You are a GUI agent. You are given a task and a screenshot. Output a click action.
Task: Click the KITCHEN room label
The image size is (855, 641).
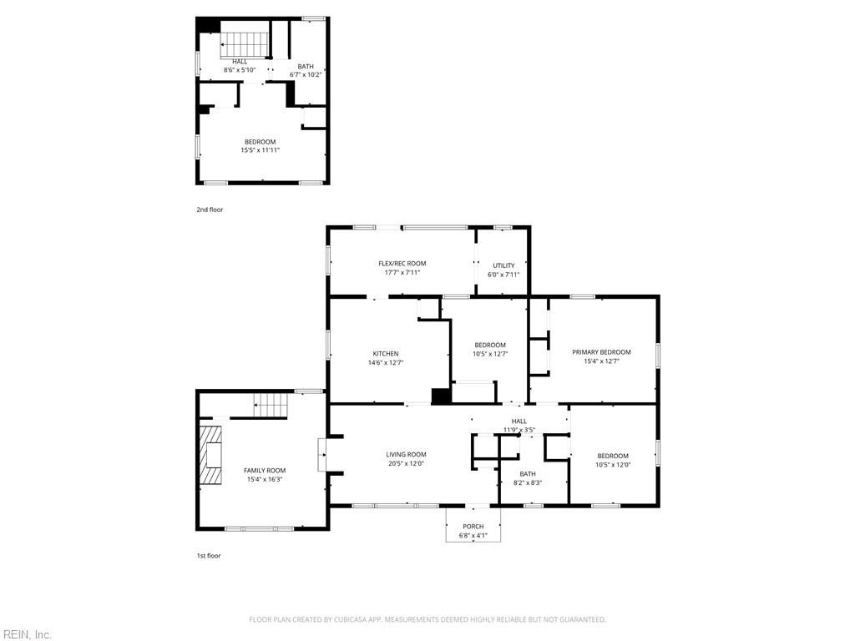385,353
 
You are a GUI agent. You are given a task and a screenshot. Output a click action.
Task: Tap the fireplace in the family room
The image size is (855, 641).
210,455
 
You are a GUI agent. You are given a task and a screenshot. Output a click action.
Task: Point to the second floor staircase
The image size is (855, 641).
245,43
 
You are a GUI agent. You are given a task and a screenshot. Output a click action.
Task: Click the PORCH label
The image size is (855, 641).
473,527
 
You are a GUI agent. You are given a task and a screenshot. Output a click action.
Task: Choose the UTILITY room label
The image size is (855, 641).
503,265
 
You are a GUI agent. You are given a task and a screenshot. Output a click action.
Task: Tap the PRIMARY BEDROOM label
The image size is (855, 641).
601,352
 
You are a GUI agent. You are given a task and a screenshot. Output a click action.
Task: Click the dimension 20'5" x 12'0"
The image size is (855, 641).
406,463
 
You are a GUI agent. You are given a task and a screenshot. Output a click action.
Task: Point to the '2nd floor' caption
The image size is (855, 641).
210,209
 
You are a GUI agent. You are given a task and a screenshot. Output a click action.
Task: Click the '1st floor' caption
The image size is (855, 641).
210,555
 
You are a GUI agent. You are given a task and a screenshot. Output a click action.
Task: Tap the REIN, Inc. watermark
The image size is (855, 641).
27,634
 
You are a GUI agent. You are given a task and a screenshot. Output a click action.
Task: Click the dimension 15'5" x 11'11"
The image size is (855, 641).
260,150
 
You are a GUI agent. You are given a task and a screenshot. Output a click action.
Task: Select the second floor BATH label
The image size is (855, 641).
306,66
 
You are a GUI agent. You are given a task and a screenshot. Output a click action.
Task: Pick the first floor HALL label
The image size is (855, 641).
519,421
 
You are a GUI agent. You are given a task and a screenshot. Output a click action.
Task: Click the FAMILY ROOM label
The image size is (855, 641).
265,471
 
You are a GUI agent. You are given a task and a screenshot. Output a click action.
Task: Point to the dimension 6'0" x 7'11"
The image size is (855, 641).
503,275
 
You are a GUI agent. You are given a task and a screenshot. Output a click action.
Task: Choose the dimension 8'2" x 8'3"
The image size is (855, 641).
527,482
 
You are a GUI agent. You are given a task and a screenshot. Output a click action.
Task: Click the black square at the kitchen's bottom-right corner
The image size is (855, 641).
440,396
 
